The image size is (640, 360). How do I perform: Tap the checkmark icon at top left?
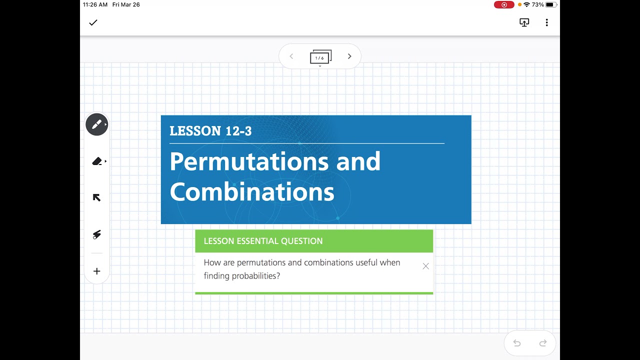pos(93,22)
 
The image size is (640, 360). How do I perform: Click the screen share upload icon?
pos(524,22)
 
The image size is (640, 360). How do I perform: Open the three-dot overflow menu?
pos(546,22)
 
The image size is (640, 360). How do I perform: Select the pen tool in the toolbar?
pos(97,124)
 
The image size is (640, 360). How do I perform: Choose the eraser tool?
pos(97,161)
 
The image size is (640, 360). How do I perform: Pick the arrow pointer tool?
pos(97,197)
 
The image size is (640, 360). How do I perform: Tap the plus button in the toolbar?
pos(97,271)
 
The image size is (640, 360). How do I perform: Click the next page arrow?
pos(349,56)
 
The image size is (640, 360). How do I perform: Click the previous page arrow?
pos(291,56)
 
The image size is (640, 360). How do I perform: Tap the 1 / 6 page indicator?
pos(320,57)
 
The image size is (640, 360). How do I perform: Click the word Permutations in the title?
pos(248,161)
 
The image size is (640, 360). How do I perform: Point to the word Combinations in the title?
pos(252,192)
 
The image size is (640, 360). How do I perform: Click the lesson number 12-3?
pos(238,131)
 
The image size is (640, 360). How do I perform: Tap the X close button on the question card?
pos(425,266)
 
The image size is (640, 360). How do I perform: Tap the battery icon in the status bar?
pos(551,4)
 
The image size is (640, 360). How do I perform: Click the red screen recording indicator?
pos(504,4)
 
